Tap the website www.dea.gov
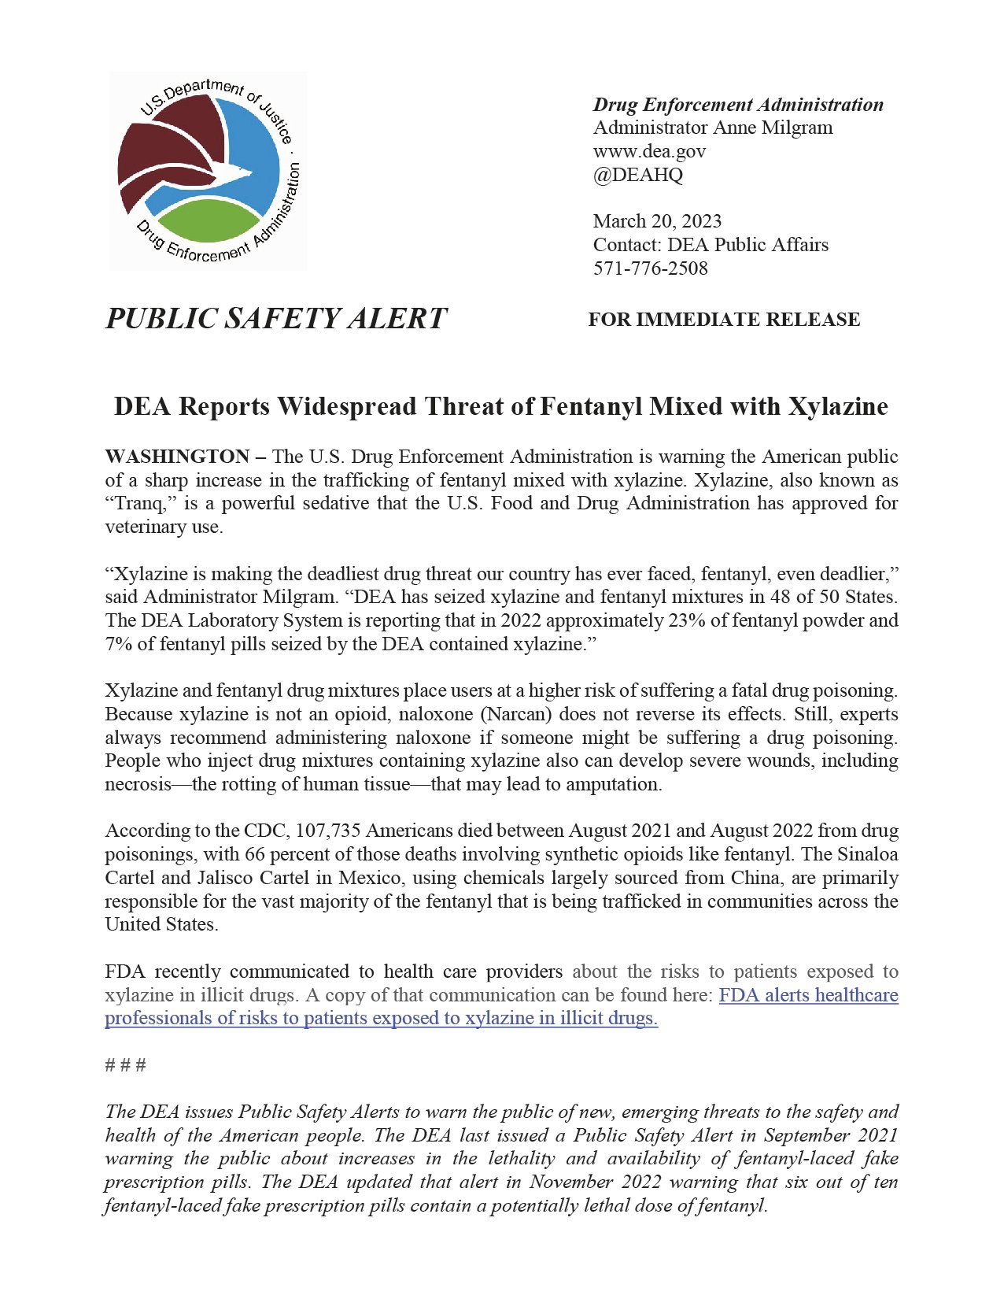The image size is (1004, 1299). click(x=649, y=150)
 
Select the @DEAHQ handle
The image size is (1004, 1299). click(x=638, y=174)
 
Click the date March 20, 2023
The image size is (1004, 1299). click(x=657, y=221)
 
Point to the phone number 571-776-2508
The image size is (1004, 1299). click(x=651, y=268)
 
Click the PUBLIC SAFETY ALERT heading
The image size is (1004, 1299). click(x=276, y=319)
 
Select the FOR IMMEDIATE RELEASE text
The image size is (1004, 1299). click(x=724, y=320)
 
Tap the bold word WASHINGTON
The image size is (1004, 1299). click(x=178, y=457)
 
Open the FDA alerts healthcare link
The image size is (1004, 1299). click(x=808, y=995)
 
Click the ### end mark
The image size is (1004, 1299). click(x=125, y=1065)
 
